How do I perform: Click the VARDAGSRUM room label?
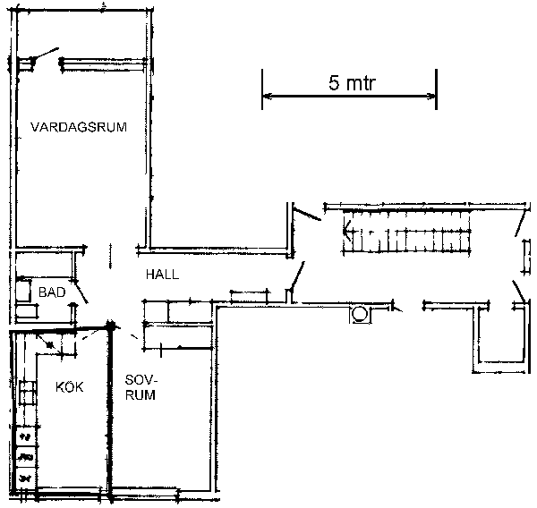pos(79,127)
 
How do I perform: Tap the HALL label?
pos(162,275)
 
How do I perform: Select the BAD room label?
pos(52,292)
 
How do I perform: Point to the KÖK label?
pos(69,387)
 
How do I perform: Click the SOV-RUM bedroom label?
pos(141,387)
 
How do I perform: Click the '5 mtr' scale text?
pos(352,83)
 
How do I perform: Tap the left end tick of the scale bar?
pos(262,89)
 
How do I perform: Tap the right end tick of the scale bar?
pos(436,89)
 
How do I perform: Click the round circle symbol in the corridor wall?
pos(360,314)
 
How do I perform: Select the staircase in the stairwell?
pos(407,232)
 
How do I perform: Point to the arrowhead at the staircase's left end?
pos(346,231)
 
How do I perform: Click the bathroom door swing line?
pos(81,292)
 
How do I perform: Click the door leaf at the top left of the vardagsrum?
pos(46,54)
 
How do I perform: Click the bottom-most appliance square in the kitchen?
pos(25,478)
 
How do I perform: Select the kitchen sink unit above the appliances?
pos(28,393)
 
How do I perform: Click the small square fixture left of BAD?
pos(23,291)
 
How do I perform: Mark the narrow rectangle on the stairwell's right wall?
pos(525,256)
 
